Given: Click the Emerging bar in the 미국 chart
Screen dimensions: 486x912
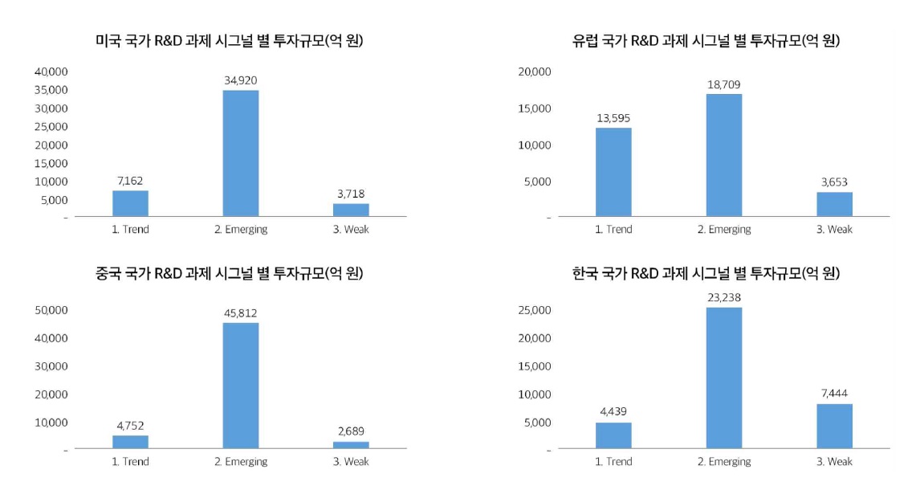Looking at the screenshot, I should (241, 153).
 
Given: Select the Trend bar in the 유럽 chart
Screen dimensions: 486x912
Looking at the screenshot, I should (613, 172).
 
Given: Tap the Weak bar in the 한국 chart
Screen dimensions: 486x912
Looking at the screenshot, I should (834, 426).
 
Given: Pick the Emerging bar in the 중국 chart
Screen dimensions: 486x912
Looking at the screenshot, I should (241, 386).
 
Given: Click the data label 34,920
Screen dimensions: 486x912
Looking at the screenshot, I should (241, 80).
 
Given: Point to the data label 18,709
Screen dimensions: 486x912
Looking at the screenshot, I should (724, 84).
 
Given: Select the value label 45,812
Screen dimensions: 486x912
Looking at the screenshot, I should (241, 312).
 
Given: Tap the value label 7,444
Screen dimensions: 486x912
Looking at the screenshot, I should (834, 394).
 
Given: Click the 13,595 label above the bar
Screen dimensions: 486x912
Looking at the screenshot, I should (613, 117).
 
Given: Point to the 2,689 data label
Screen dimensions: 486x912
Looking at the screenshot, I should (351, 431).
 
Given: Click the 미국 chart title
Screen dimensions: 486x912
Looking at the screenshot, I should (229, 40).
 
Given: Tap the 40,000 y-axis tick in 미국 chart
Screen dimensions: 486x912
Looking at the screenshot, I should (51, 71).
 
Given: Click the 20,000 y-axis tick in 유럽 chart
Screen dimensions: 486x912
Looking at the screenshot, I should (535, 71).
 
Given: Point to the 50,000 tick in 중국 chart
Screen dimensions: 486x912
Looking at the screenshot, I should (51, 310).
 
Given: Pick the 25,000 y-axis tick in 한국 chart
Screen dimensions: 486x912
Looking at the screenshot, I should (535, 310).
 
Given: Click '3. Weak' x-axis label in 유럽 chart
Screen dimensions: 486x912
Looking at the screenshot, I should (834, 229).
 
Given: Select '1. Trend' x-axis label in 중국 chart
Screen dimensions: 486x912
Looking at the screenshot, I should (130, 461).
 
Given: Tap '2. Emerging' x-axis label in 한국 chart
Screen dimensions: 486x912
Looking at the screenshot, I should (724, 461).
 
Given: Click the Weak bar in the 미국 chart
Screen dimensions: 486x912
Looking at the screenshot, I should (351, 210).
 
